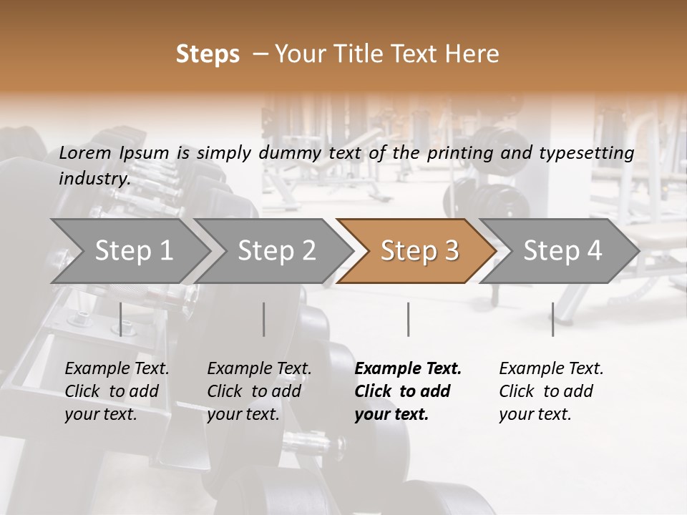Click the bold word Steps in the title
pos(208,54)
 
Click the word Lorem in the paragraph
pos(85,152)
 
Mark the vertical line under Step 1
pos(121,319)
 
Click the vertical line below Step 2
pos(264,319)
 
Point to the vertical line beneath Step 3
pos(409,319)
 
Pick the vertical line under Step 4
pos(552,319)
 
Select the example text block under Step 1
pos(117,391)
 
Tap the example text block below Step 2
pos(259,391)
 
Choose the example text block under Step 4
pos(551,391)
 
